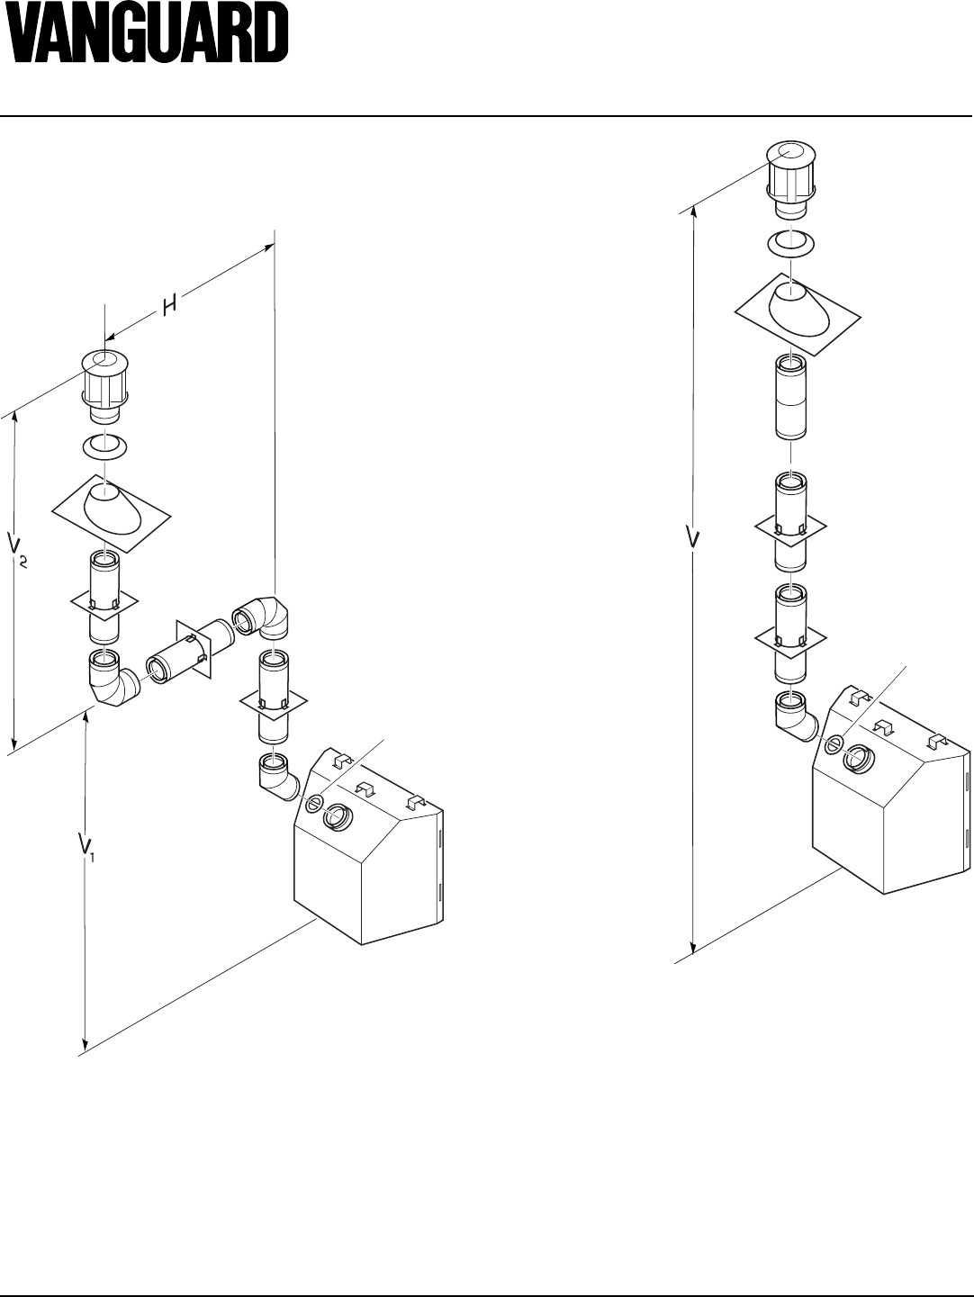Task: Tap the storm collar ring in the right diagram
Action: (791, 242)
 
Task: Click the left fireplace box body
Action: (369, 864)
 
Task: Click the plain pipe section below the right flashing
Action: (791, 397)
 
